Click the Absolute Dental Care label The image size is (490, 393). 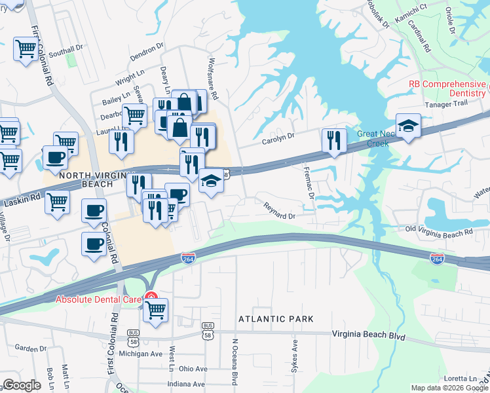[x=99, y=300]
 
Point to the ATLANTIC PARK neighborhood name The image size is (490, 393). [x=276, y=319]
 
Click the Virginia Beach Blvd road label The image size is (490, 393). [x=369, y=336]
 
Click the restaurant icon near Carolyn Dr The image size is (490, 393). [x=334, y=141]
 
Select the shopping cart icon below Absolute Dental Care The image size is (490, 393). [x=156, y=311]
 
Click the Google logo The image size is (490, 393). [x=22, y=385]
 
